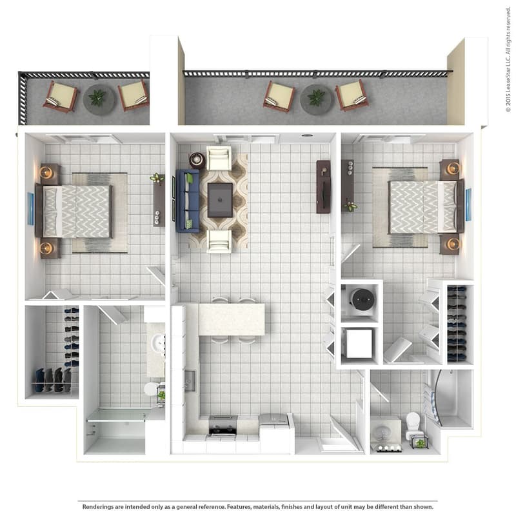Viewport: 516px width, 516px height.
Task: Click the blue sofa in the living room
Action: tap(188, 201)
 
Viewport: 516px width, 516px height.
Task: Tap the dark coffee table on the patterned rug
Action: tap(220, 199)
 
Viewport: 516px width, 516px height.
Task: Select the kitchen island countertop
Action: tap(231, 319)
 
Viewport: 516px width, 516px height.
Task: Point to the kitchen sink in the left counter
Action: tap(190, 381)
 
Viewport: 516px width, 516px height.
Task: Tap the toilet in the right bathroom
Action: tap(413, 422)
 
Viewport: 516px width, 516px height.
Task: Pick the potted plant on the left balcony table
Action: tap(97, 98)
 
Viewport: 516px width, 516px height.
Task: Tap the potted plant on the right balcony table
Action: tap(316, 98)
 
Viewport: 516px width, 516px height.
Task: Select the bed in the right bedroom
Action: tap(423, 206)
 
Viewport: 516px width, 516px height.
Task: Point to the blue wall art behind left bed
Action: tap(30, 208)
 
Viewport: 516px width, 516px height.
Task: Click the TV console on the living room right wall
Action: tap(323, 186)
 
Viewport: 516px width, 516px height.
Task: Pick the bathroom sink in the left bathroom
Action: tap(157, 344)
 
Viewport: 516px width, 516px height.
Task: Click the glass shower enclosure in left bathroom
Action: tap(116, 431)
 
